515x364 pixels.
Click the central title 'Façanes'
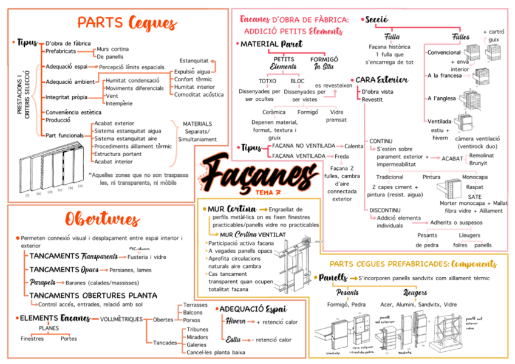pos(255,172)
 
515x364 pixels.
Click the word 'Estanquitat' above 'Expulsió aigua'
pos(194,61)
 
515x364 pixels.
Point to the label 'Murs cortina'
pos(112,49)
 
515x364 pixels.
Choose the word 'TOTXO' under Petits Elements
pos(267,80)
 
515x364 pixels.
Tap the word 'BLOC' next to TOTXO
pos(298,80)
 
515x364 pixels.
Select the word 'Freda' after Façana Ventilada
pos(342,156)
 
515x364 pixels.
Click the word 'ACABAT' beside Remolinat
pos(452,158)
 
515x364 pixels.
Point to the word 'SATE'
pos(475,197)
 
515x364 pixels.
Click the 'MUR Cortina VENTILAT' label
pos(254,234)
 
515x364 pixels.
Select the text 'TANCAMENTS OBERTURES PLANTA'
pos(93,295)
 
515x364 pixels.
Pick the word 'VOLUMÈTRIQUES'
pos(121,319)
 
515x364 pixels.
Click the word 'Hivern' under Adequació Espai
pos(236,321)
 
